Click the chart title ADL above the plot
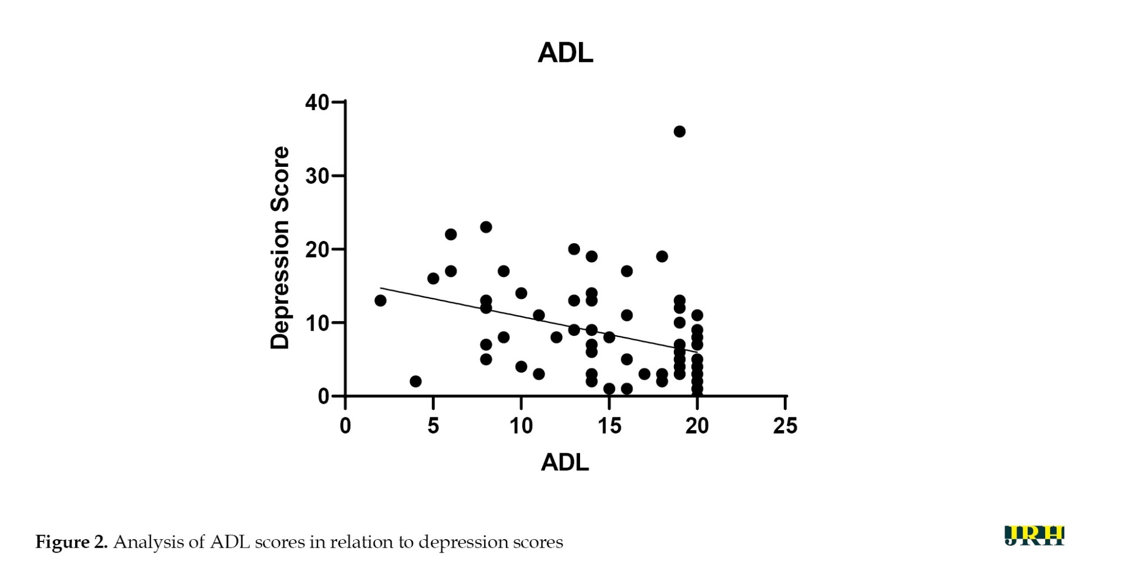(x=565, y=53)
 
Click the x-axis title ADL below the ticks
(x=565, y=462)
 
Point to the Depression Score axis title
(x=280, y=248)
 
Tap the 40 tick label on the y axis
(x=317, y=102)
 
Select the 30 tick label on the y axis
(x=317, y=176)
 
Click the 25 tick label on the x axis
(x=785, y=426)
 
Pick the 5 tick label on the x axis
(x=433, y=426)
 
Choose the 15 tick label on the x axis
(x=609, y=426)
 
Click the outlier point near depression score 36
(x=679, y=131)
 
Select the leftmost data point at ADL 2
(x=380, y=300)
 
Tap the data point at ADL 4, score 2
(x=416, y=381)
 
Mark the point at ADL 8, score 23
(x=486, y=227)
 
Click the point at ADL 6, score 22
(x=451, y=234)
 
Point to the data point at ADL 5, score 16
(x=433, y=279)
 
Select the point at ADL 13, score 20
(x=574, y=249)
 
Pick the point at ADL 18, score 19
(x=662, y=256)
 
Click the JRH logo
(x=1034, y=536)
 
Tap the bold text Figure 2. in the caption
(x=71, y=542)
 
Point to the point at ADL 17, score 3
(x=645, y=374)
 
